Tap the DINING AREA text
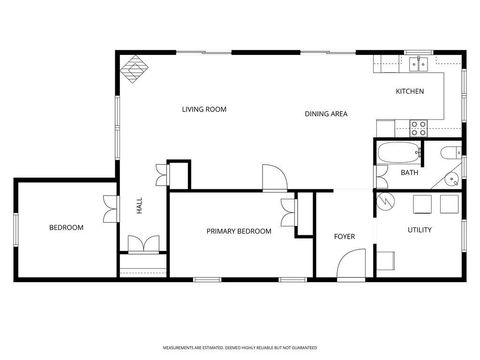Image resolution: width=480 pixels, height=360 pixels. pyautogui.click(x=326, y=114)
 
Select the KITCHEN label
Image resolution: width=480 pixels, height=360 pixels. pyautogui.click(x=410, y=91)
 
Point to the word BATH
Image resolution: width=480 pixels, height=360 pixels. pyautogui.click(x=409, y=173)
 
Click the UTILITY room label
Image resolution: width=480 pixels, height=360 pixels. pyautogui.click(x=420, y=231)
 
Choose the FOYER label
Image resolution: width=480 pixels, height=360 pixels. pyautogui.click(x=344, y=237)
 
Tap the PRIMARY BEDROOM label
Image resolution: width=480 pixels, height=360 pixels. pyautogui.click(x=239, y=232)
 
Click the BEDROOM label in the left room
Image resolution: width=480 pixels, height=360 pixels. pyautogui.click(x=66, y=228)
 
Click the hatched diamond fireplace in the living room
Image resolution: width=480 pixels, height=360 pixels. pyautogui.click(x=132, y=68)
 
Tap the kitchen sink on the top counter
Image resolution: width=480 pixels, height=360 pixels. pyautogui.click(x=418, y=65)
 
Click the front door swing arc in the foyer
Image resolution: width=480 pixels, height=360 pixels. pyautogui.click(x=350, y=264)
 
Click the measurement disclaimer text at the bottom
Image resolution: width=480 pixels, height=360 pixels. pyautogui.click(x=240, y=347)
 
